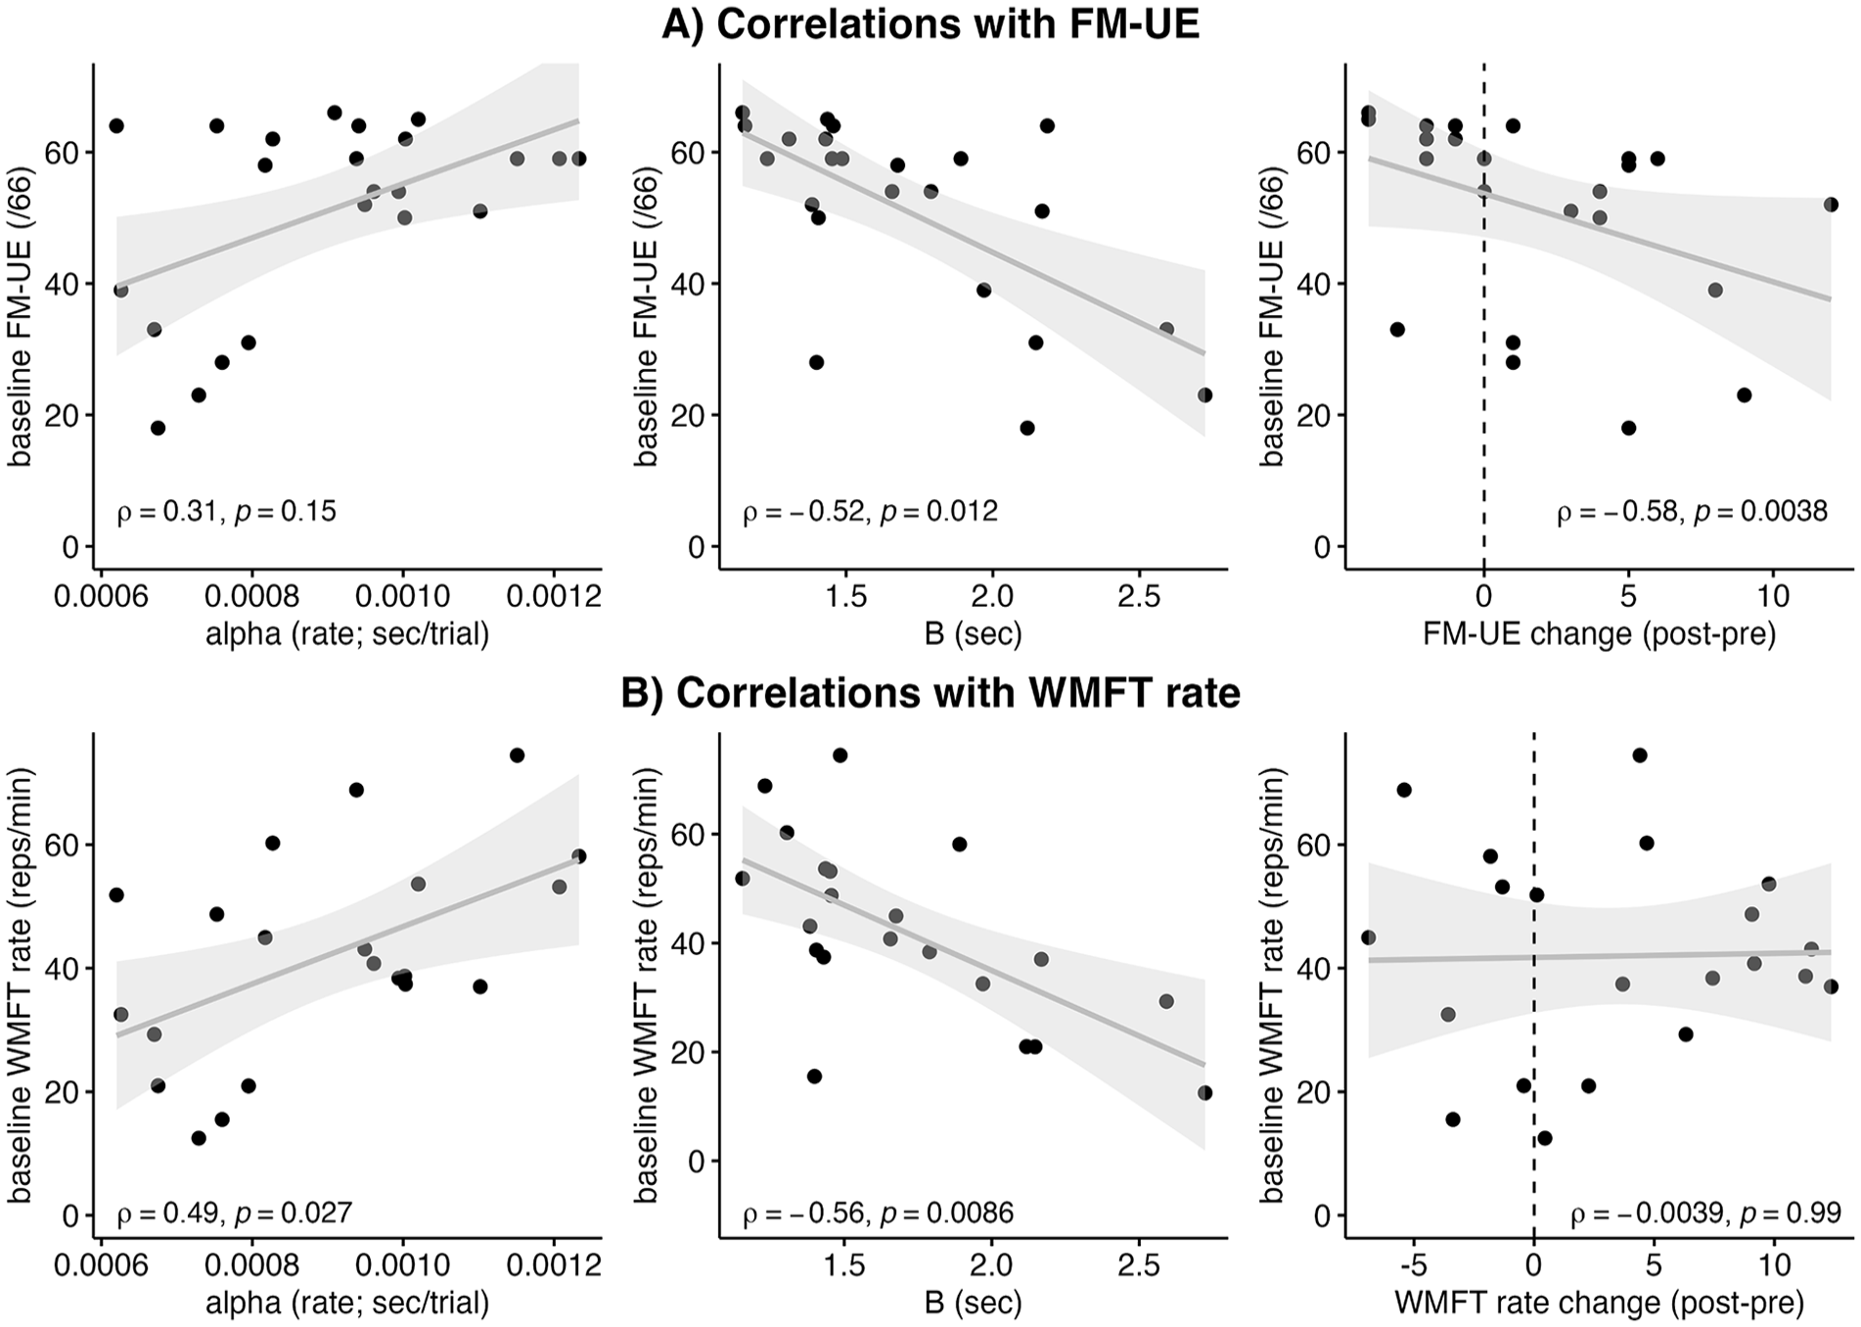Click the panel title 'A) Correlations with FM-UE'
(930, 24)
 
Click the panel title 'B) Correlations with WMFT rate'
(930, 693)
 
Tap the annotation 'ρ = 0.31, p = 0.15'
(227, 511)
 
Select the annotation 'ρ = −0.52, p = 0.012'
(870, 511)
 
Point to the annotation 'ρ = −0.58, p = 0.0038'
(1693, 511)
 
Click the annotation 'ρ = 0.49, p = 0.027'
(235, 1213)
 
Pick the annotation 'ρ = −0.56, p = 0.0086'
(878, 1213)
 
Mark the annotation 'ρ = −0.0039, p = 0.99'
(1706, 1213)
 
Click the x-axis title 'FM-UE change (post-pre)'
(1599, 634)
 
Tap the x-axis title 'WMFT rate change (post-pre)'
(1599, 1303)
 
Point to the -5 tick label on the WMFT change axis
(1413, 1264)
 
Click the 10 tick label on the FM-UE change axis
(1773, 596)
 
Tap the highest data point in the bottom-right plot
(1640, 755)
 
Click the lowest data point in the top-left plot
(158, 428)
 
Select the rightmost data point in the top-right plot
(1831, 205)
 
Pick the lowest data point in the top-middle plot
(1026, 428)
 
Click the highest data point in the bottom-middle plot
(840, 755)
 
